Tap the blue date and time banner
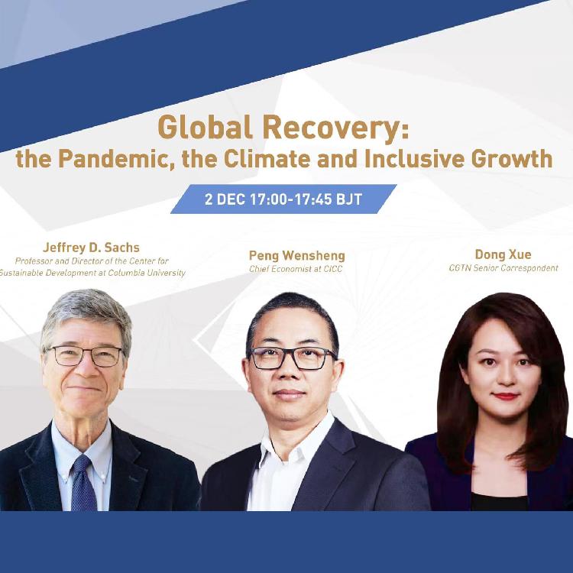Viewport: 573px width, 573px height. click(x=283, y=199)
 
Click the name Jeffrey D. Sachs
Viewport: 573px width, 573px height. click(x=91, y=248)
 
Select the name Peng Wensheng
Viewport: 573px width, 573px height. click(x=296, y=255)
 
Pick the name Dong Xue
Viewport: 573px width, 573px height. click(x=503, y=254)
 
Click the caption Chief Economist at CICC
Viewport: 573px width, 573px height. click(x=296, y=269)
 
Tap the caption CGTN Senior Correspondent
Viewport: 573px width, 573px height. click(x=503, y=268)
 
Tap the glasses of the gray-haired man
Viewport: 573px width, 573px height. click(x=85, y=356)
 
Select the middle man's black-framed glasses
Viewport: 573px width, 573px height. click(x=293, y=358)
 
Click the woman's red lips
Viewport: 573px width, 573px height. click(x=505, y=396)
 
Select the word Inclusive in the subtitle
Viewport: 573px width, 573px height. click(x=410, y=159)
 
